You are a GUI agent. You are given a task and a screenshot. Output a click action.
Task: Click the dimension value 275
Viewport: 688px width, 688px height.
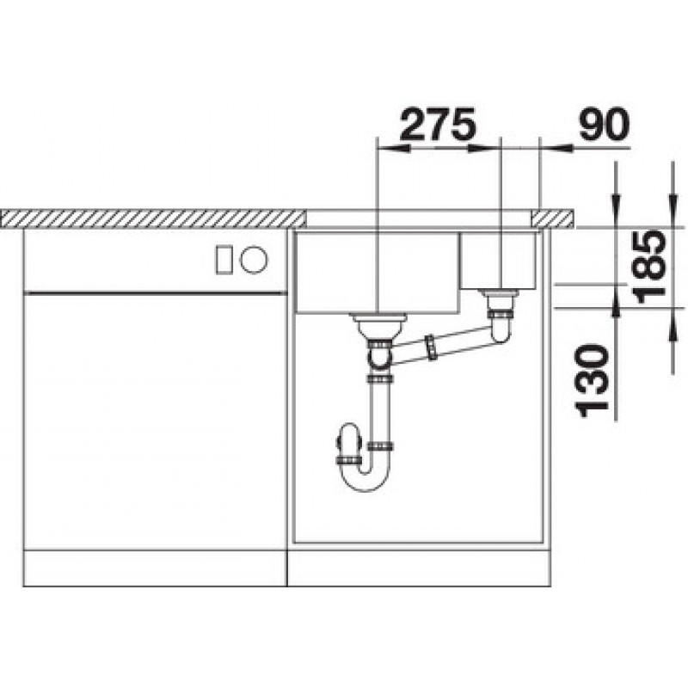(x=438, y=125)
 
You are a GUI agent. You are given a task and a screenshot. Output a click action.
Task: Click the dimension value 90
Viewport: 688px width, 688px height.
(x=604, y=124)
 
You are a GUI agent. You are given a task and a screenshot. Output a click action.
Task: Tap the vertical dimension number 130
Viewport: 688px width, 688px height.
(x=593, y=380)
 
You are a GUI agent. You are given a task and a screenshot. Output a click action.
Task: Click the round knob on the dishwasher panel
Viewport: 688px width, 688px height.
(x=253, y=260)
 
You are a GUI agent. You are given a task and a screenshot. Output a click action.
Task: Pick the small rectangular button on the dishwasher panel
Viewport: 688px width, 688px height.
(x=224, y=261)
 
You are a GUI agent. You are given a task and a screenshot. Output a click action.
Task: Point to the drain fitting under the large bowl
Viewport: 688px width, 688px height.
(x=378, y=326)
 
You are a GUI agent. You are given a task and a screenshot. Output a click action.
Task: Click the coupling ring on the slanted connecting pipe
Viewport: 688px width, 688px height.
(x=432, y=347)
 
